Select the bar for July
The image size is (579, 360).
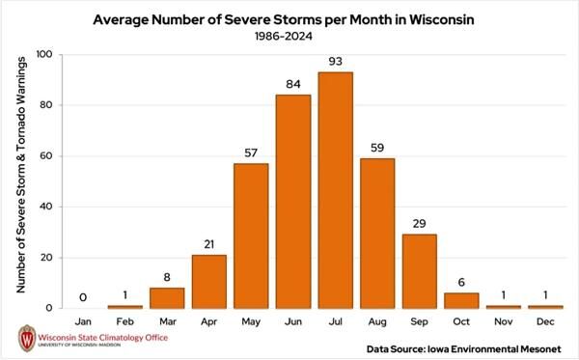click(x=335, y=190)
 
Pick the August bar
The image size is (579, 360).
click(x=377, y=233)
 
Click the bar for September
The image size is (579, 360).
click(x=419, y=271)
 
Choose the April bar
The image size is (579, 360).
click(x=208, y=281)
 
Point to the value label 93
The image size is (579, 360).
click(x=335, y=63)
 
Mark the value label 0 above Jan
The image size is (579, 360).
click(x=83, y=297)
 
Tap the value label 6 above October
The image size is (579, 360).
click(x=461, y=282)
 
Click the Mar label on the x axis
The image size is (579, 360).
click(x=167, y=318)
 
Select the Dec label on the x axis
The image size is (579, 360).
click(x=545, y=318)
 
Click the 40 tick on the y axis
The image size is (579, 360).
click(x=47, y=207)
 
